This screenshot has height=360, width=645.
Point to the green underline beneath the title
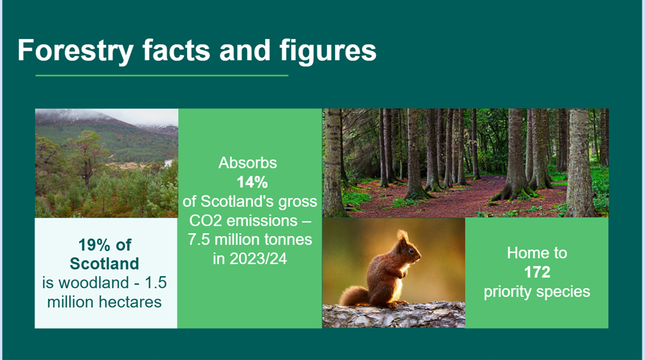pos(162,76)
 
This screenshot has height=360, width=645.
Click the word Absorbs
pos(248,163)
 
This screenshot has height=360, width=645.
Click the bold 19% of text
pos(105,245)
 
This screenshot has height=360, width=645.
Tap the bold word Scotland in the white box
pos(104,264)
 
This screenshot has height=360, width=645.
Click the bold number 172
pos(536,272)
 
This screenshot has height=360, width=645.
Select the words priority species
pos(536,292)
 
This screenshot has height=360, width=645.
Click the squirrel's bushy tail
pos(354,295)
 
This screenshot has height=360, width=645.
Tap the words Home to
pos(536,253)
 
